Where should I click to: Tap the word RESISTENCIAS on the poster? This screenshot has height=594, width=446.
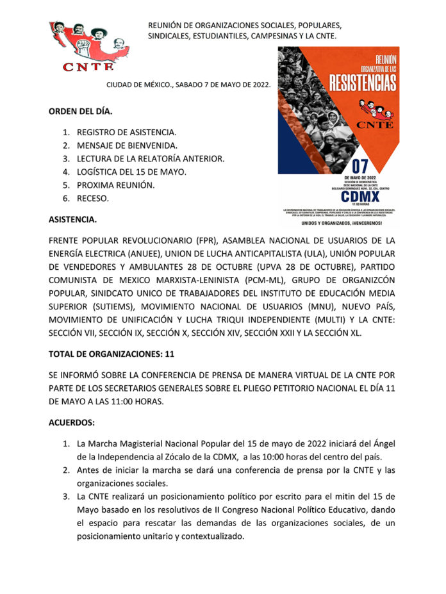tap(362, 81)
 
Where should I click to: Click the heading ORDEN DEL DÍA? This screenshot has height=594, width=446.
tap(80, 111)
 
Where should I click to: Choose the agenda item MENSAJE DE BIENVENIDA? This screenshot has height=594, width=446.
tap(127, 145)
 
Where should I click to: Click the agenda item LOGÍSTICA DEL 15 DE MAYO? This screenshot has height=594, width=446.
tap(131, 172)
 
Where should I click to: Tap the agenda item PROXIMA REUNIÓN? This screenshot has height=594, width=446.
tap(115, 185)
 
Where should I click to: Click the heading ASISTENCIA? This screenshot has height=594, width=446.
tap(73, 220)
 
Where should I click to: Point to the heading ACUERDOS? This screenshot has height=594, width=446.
tap(71, 423)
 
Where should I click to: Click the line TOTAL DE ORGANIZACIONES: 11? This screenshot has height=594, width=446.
tap(111, 353)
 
